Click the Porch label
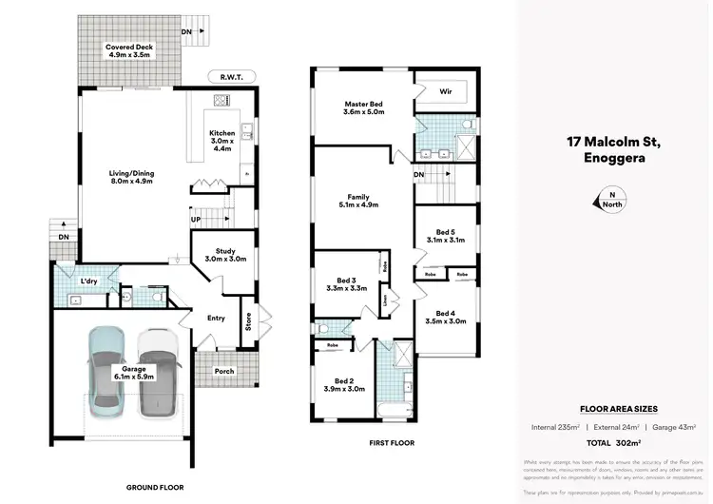tap(224, 371)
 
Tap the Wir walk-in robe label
tap(445, 92)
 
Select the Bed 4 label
tap(445, 318)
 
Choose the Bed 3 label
tap(345, 285)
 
